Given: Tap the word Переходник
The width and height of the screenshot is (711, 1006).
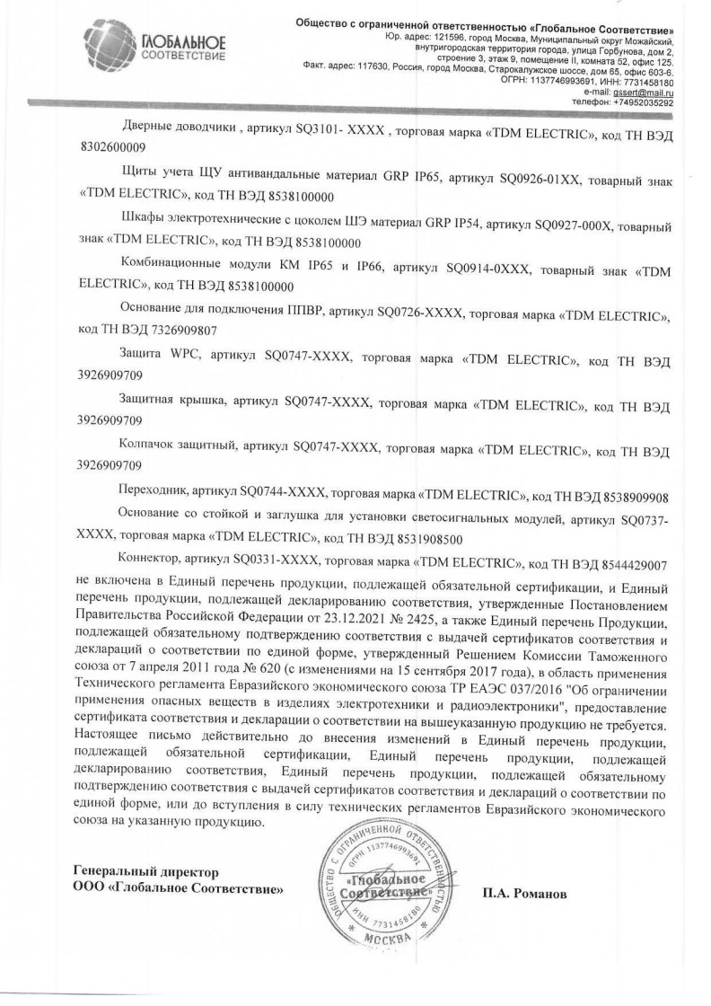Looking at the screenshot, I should [151, 495].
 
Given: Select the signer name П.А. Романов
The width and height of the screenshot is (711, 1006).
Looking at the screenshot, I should [526, 895].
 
